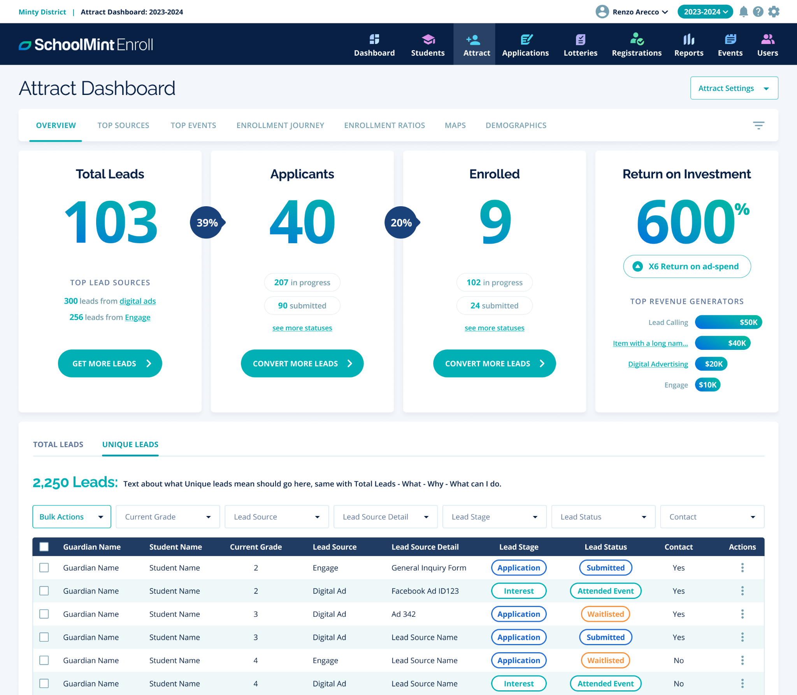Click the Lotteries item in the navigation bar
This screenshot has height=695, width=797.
580,45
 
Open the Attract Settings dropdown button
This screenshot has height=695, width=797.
734,88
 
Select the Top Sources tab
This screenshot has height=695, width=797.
123,125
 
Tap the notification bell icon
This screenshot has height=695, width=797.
743,12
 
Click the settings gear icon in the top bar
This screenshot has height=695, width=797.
774,12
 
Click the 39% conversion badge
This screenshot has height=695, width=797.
207,223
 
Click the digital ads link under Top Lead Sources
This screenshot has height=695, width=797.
137,301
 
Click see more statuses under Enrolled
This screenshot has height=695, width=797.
494,328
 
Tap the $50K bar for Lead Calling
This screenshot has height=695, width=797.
728,322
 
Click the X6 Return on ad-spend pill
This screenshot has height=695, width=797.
687,267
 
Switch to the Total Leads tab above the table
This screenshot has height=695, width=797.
58,444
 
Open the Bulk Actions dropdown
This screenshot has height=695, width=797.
72,517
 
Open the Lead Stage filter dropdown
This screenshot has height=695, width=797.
494,517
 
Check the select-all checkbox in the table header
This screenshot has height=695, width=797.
44,547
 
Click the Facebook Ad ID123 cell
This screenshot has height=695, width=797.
425,591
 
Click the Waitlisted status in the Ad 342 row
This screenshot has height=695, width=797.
605,614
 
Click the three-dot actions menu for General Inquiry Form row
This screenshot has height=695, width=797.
742,568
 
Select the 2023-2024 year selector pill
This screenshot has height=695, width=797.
705,12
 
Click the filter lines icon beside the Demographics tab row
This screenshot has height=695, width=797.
758,125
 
